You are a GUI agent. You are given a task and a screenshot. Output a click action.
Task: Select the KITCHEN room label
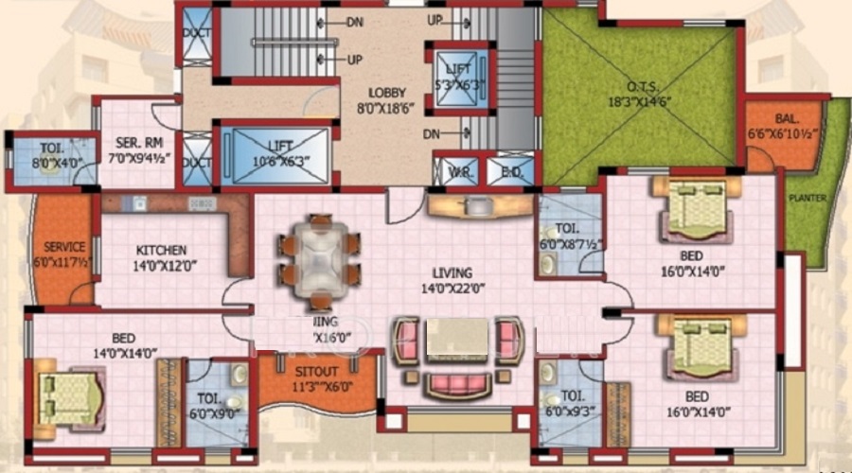point(159,250)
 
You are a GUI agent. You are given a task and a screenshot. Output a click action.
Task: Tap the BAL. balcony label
point(785,121)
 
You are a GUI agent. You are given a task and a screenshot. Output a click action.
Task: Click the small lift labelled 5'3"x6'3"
point(459,76)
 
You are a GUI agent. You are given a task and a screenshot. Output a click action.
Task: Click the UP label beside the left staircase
point(354,60)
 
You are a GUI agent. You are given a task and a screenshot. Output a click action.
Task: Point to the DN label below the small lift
point(432,134)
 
